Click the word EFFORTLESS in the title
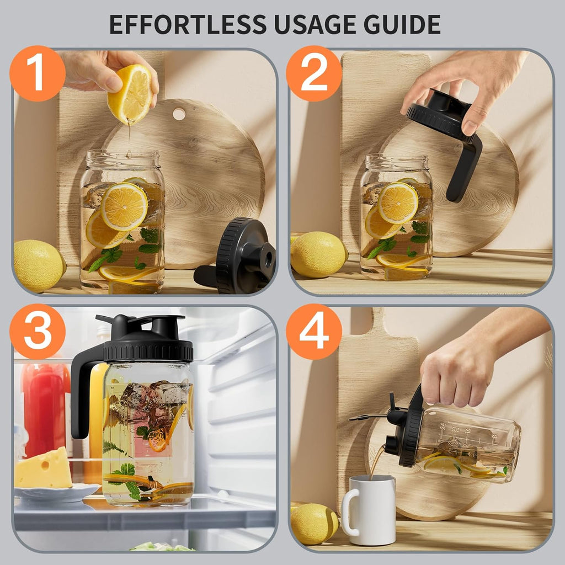188,24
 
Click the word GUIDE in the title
402,24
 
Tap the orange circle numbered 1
38,73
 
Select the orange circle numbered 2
314,73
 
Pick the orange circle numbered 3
38,332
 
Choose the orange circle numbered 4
314,332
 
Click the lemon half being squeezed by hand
130,94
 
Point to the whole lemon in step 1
39,265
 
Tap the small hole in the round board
179,114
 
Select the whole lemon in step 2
319,255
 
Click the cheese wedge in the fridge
43,468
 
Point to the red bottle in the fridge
45,409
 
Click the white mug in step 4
369,509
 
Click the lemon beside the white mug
314,523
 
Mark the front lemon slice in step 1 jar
124,206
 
